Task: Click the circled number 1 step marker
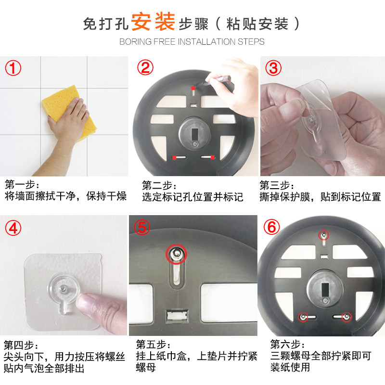(x=13, y=68)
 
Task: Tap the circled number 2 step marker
(x=145, y=67)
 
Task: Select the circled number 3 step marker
(x=273, y=68)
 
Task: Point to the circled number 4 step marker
(x=13, y=228)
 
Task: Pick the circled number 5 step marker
(x=142, y=227)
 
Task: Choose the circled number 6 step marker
(x=271, y=227)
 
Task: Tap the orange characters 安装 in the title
(x=153, y=22)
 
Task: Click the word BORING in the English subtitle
(x=135, y=42)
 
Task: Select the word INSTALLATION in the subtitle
(x=207, y=42)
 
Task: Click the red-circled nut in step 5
(x=176, y=254)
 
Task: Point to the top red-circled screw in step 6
(x=324, y=235)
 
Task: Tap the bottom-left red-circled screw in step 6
(x=303, y=317)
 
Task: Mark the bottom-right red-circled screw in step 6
(x=346, y=317)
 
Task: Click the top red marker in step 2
(x=193, y=88)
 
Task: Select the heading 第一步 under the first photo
(x=20, y=184)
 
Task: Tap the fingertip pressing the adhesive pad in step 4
(x=86, y=301)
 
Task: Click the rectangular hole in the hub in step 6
(x=325, y=290)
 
